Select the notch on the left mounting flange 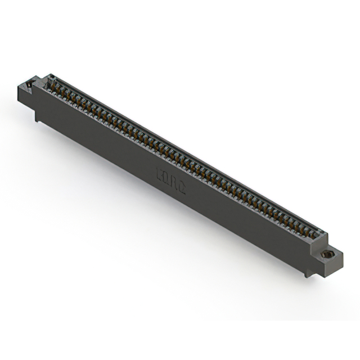(x=30, y=85)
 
